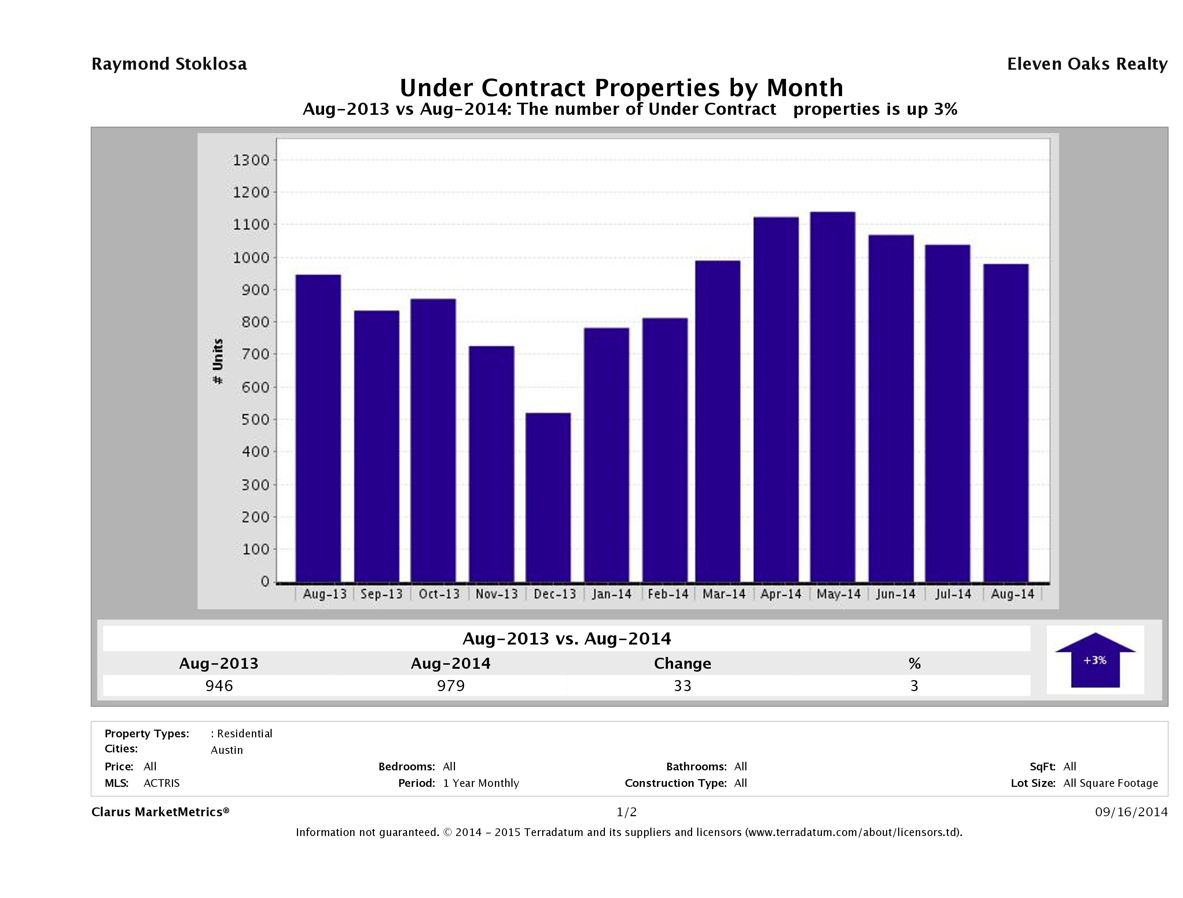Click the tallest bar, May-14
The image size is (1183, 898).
point(833,397)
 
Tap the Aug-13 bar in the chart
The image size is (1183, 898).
point(318,428)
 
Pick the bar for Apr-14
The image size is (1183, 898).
point(776,399)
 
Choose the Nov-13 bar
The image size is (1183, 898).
point(492,463)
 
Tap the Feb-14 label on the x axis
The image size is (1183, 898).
point(668,594)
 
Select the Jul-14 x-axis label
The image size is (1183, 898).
point(953,594)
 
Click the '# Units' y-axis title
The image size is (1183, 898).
point(218,361)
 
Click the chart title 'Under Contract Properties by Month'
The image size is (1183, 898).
point(621,87)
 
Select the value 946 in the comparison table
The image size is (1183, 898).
point(219,686)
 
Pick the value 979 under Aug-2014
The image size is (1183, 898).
point(451,686)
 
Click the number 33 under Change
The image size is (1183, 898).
point(683,686)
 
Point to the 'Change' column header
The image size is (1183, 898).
point(683,664)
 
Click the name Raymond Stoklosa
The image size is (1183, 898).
point(169,64)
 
